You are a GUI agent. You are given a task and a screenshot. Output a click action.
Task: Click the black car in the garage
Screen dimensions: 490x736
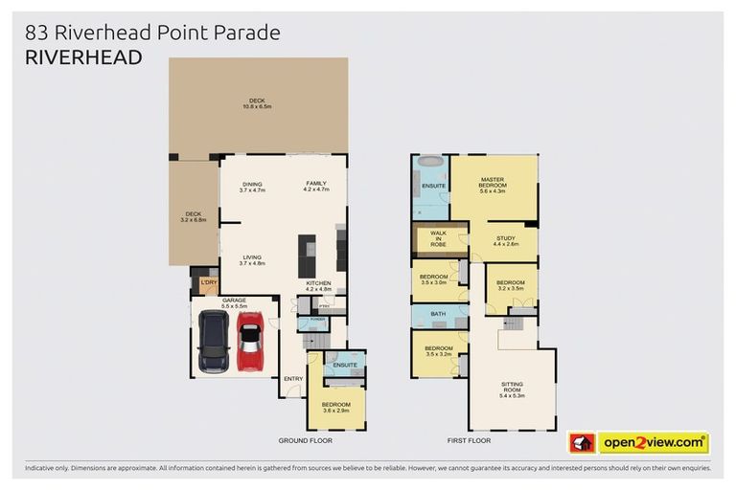click(214, 345)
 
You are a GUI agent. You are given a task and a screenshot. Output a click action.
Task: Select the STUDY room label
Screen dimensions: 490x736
click(505, 240)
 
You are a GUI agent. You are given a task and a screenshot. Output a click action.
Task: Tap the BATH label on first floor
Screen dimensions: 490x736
click(438, 314)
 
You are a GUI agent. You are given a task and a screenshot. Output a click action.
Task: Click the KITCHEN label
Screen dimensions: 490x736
click(318, 284)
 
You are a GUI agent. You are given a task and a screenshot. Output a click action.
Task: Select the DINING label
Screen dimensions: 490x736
click(252, 184)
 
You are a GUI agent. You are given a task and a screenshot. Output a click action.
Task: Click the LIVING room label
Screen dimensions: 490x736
click(252, 257)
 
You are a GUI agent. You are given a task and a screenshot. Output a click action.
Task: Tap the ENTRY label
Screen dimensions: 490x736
click(292, 378)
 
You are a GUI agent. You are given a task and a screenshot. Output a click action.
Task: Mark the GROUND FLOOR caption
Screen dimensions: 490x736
click(305, 441)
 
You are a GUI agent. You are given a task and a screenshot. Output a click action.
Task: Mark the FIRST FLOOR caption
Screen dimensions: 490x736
click(469, 441)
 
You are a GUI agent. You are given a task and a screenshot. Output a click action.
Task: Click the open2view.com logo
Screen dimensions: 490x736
click(653, 442)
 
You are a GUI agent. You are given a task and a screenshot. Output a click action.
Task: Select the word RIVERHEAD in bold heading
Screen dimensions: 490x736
click(84, 57)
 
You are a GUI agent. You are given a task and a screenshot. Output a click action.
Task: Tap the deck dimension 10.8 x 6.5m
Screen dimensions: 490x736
click(257, 107)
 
